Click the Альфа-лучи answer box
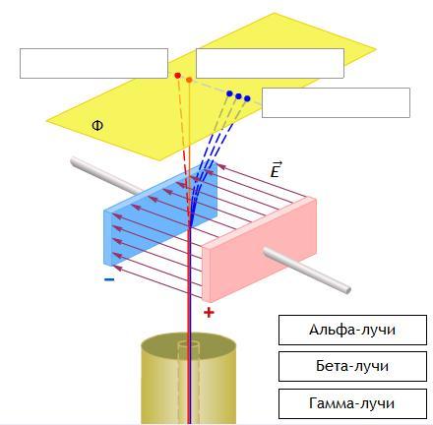(352, 330)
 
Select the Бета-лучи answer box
(352, 366)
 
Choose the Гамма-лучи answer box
(352, 403)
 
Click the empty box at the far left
(93, 63)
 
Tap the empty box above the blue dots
(270, 63)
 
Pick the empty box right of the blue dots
(336, 102)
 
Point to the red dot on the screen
(178, 76)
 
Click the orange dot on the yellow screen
(189, 80)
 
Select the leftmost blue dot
(229, 93)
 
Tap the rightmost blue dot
(247, 98)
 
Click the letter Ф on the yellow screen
(97, 125)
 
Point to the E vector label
(276, 170)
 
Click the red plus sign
(209, 313)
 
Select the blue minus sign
(109, 279)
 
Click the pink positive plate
(259, 249)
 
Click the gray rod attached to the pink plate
(307, 270)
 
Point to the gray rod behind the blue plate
(106, 175)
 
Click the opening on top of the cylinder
(189, 345)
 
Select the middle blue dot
(238, 96)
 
